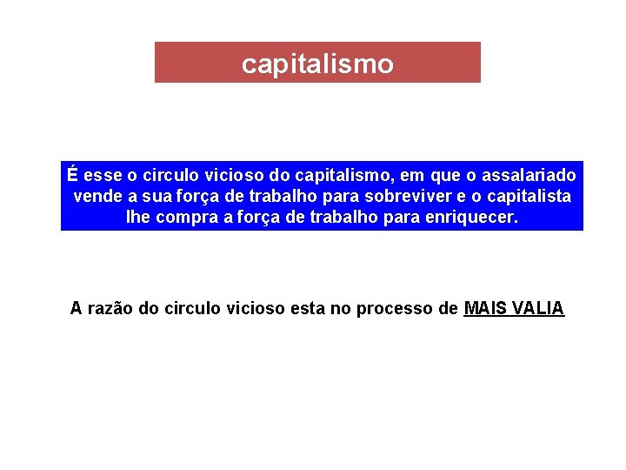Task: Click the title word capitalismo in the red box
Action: (317, 64)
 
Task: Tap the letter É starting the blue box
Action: (73, 175)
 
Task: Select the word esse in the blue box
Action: (103, 175)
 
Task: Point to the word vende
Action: (97, 196)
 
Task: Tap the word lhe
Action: (138, 217)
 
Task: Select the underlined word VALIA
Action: (540, 308)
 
